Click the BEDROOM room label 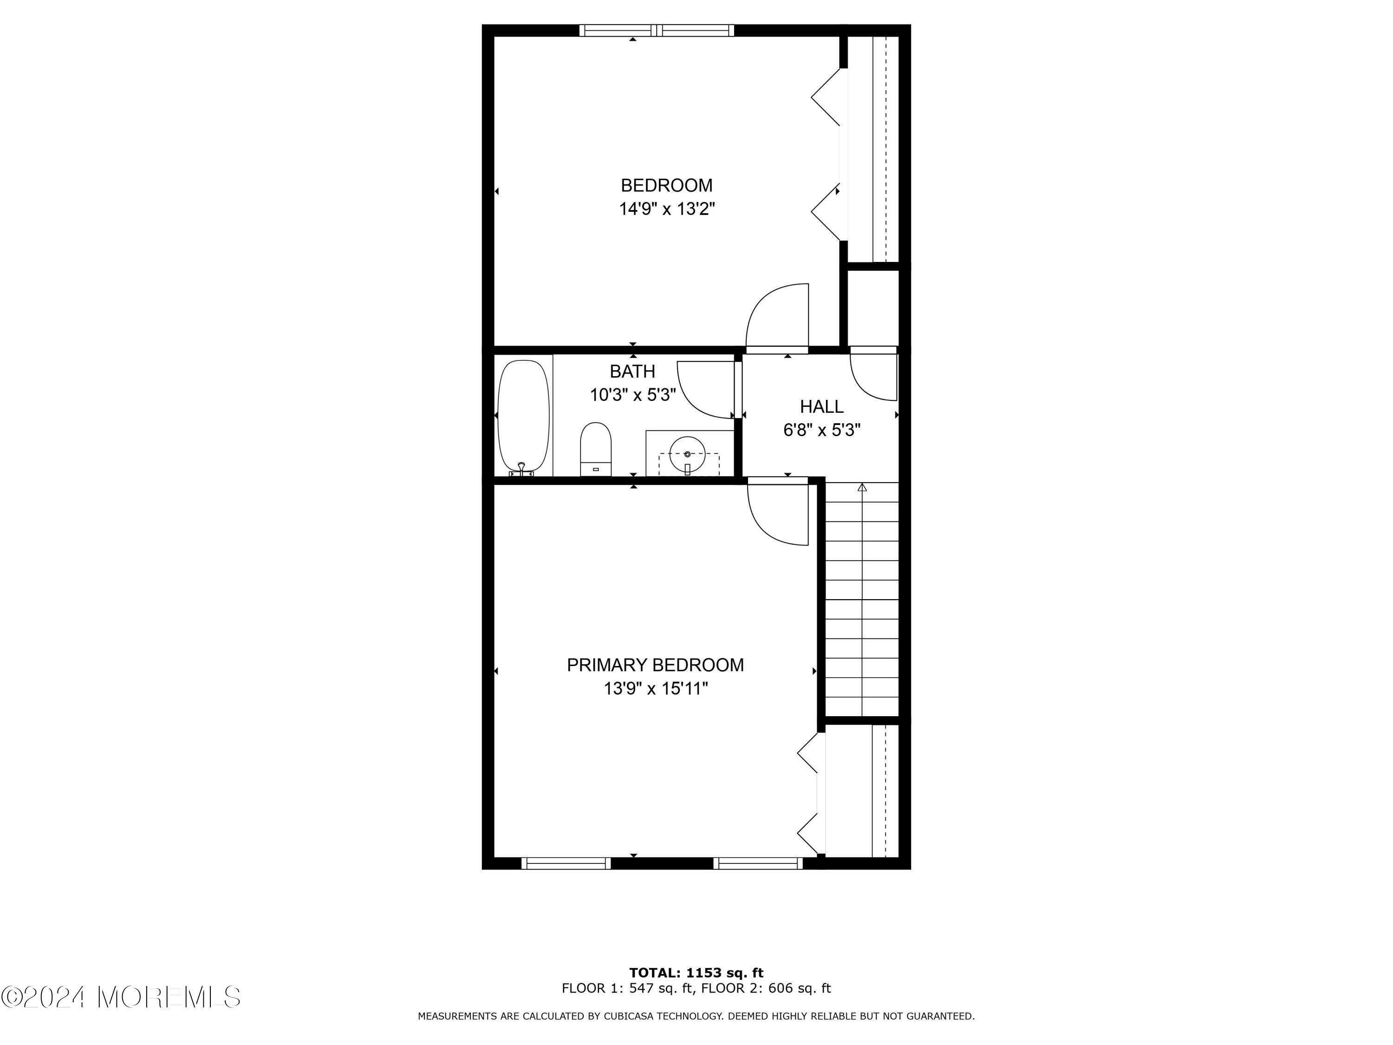(x=666, y=185)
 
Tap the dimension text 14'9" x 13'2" (x=666, y=209)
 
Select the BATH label (x=632, y=371)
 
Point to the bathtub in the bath (x=523, y=416)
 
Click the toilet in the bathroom (x=596, y=449)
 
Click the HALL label (x=821, y=406)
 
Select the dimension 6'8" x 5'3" (x=821, y=430)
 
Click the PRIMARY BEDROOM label (x=655, y=665)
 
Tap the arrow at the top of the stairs (x=862, y=487)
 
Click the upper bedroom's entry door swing (x=776, y=315)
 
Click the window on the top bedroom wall (x=656, y=30)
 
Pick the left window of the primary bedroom (x=566, y=863)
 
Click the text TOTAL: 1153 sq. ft (x=696, y=973)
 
